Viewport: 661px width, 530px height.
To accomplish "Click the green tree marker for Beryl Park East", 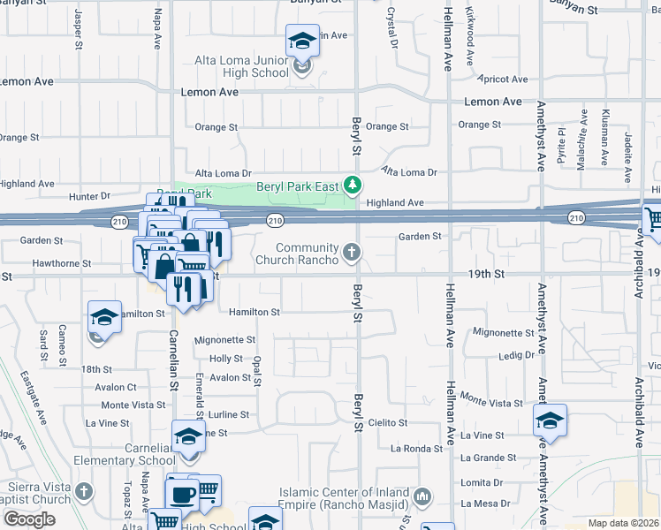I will click(x=353, y=185).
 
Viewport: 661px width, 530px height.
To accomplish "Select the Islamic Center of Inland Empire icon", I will click(x=422, y=497).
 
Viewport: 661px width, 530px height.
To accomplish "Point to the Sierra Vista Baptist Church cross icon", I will click(x=84, y=490).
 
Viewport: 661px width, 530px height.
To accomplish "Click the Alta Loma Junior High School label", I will click(x=241, y=66).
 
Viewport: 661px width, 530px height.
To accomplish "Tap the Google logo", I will click(x=29, y=519).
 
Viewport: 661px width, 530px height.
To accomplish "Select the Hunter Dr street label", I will click(x=93, y=195).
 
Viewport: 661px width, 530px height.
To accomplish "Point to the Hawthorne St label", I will click(x=61, y=263).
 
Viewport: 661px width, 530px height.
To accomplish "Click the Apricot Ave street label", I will click(x=504, y=79).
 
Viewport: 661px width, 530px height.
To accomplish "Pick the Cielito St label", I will click(x=388, y=423).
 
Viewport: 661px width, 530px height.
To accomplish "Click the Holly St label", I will click(x=226, y=359).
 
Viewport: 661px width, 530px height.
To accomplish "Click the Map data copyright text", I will click(x=622, y=523).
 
